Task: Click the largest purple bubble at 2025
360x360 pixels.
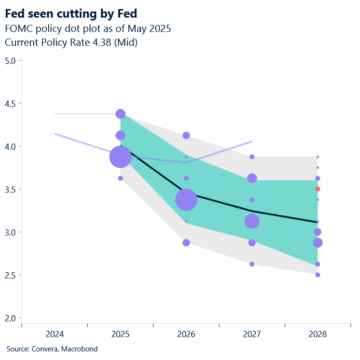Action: click(x=120, y=157)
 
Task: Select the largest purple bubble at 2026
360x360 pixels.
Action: click(x=186, y=200)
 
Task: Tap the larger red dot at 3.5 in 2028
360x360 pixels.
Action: click(x=318, y=189)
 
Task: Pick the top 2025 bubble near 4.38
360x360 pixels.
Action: click(x=120, y=114)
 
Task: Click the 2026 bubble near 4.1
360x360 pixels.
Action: click(x=186, y=135)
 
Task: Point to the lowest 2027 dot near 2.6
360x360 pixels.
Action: click(x=252, y=264)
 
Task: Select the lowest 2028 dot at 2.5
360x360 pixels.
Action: click(x=318, y=275)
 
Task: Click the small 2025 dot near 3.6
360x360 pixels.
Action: click(x=120, y=178)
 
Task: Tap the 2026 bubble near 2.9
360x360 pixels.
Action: click(x=186, y=243)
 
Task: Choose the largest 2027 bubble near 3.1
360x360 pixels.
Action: click(x=252, y=221)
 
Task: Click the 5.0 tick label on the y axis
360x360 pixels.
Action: click(x=10, y=61)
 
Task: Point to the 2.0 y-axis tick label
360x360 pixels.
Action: click(x=10, y=318)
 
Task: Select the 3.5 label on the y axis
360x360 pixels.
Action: click(x=10, y=189)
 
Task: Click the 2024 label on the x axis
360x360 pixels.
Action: click(x=54, y=335)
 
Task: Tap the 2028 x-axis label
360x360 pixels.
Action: click(x=318, y=335)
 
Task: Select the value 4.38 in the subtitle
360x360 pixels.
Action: click(x=102, y=42)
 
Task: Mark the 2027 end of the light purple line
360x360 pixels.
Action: click(x=252, y=141)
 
